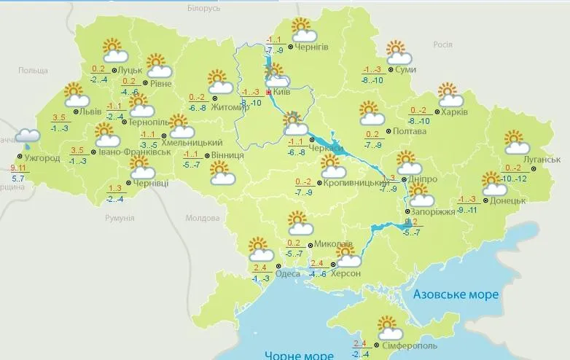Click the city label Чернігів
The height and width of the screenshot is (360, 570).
coord(312,47)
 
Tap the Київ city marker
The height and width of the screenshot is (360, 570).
coord(269,93)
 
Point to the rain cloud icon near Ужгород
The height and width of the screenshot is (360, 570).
coord(28,137)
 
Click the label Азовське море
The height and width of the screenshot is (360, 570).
coord(456,294)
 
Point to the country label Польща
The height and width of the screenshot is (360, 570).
coord(33,70)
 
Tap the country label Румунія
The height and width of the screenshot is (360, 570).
coord(120,218)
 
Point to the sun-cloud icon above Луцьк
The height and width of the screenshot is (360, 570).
coord(115,51)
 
